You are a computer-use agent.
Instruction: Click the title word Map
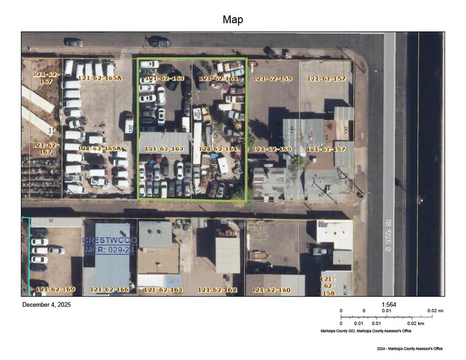click(233, 20)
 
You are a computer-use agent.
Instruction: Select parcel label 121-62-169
click(55, 289)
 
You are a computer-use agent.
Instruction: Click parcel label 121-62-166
click(110, 289)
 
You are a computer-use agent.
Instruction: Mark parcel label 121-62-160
click(272, 290)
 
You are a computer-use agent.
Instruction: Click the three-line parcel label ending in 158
click(328, 285)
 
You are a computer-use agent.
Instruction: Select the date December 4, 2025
click(47, 304)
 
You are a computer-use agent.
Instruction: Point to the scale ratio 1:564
click(388, 304)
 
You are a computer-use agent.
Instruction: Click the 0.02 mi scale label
click(435, 311)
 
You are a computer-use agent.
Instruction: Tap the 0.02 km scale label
click(416, 323)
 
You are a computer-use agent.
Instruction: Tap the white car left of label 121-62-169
click(39, 242)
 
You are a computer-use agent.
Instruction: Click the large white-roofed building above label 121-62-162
click(227, 255)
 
